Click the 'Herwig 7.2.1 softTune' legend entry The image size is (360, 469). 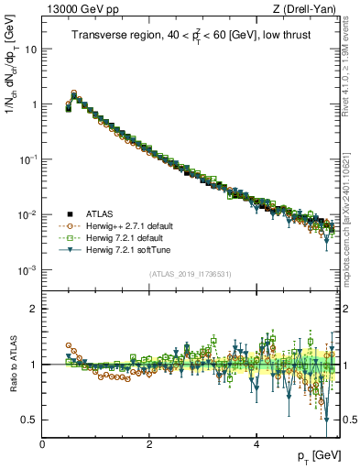pyautogui.click(x=127, y=249)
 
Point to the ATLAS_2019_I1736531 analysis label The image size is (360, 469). pyautogui.click(x=191, y=274)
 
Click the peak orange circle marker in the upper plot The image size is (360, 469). pyautogui.click(x=74, y=93)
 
